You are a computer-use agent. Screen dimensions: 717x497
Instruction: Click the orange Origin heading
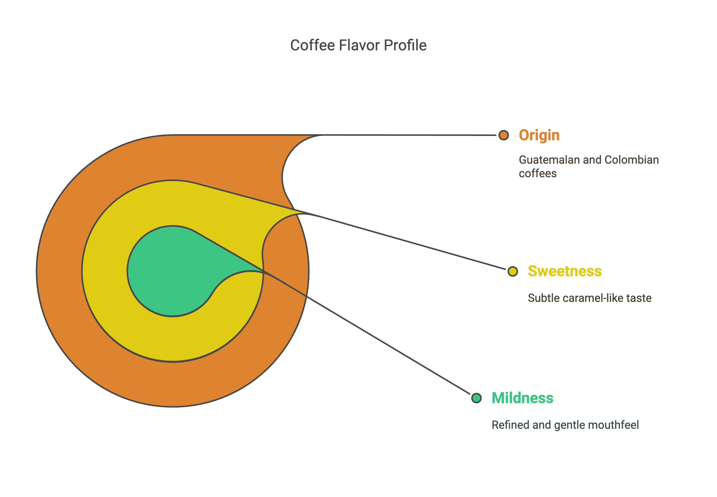click(539, 135)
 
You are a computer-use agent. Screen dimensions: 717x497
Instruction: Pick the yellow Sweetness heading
click(564, 271)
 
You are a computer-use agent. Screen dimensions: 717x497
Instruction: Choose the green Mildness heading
click(522, 398)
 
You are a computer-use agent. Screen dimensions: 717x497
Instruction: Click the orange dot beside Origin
click(503, 135)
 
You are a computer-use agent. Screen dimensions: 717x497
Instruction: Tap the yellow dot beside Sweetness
click(513, 271)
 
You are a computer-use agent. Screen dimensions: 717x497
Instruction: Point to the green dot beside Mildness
click(476, 398)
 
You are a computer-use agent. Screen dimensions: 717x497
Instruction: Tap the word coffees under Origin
click(538, 173)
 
